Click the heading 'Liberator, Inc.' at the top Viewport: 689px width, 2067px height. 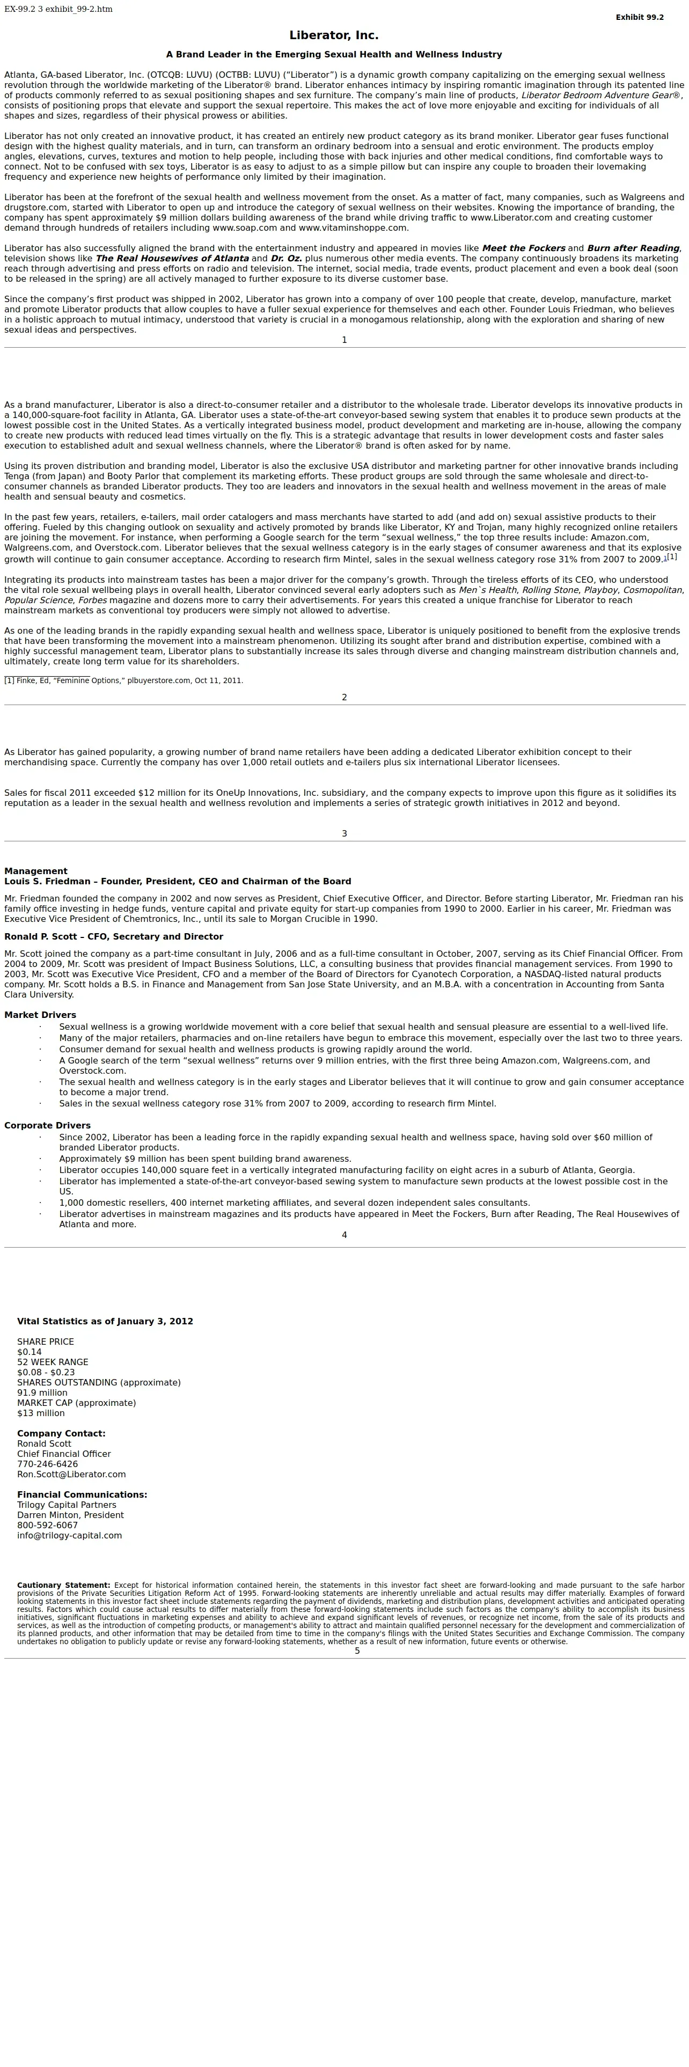point(334,36)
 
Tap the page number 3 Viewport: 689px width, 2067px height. point(344,834)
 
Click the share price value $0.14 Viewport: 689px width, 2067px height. point(30,1352)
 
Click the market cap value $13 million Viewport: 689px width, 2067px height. point(41,1413)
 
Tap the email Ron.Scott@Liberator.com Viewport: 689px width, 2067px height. point(71,1474)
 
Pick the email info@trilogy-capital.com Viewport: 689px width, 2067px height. point(70,1535)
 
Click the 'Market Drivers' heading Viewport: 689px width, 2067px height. point(40,1015)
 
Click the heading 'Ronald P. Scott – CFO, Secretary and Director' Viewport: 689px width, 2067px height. point(114,936)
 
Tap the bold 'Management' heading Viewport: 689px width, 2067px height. point(36,871)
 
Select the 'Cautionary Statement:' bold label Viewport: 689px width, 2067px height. point(63,1586)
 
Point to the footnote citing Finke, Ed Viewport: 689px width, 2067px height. point(123,680)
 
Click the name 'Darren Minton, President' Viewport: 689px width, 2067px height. point(71,1515)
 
